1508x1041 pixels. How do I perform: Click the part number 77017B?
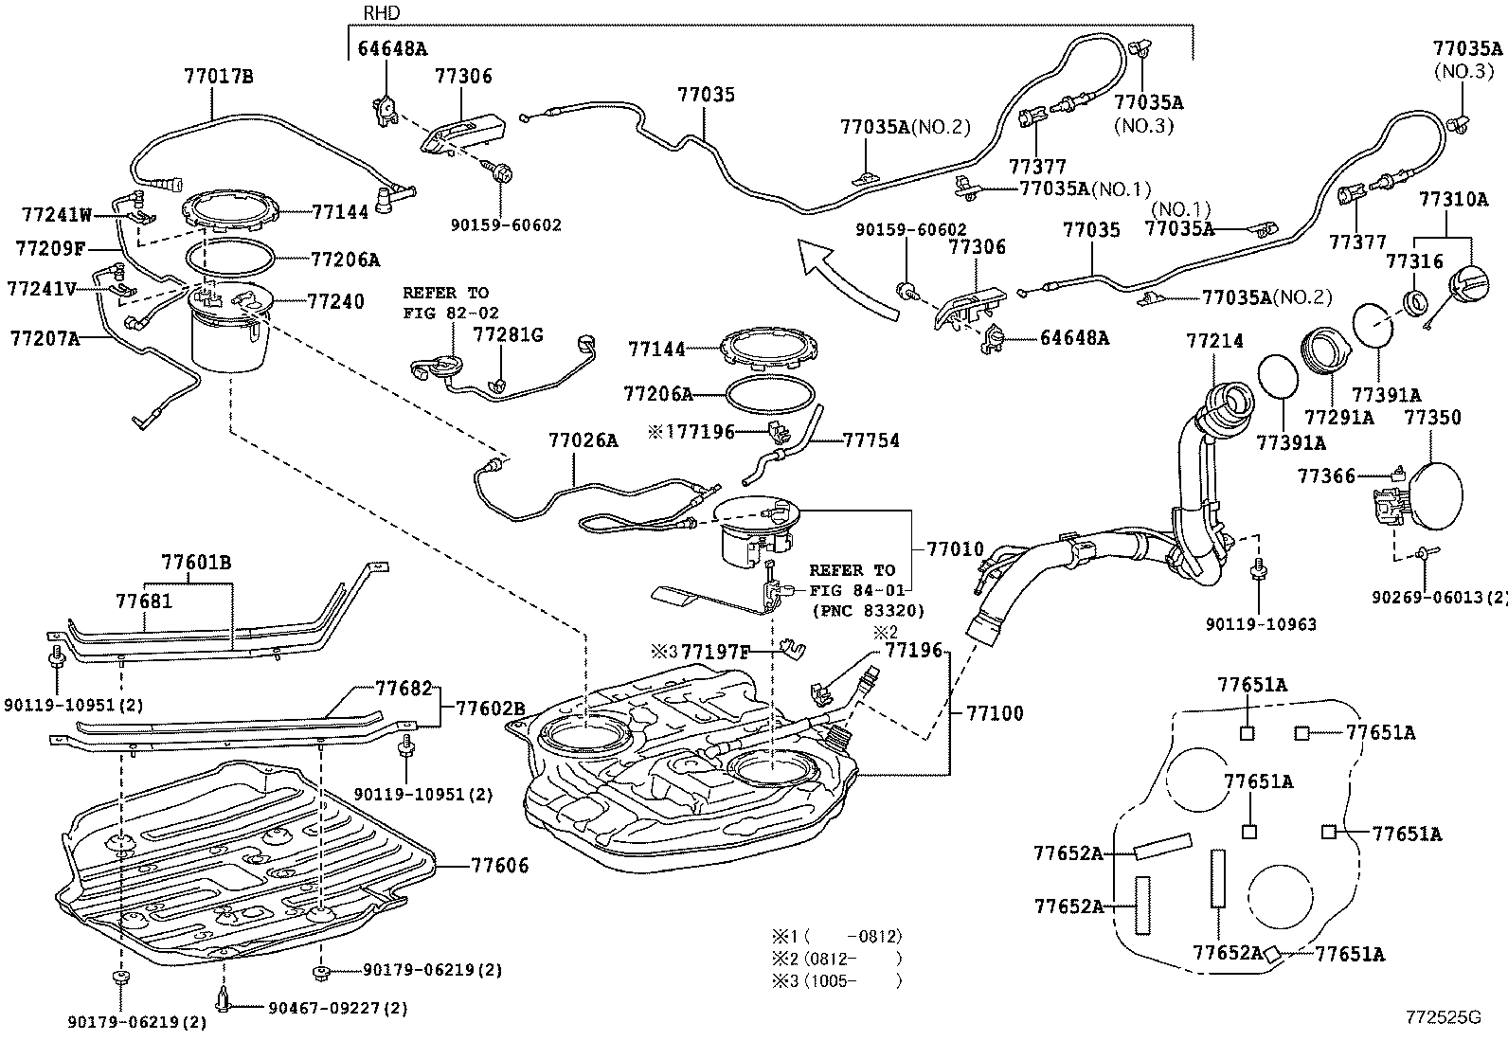click(218, 78)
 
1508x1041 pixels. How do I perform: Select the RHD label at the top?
click(382, 13)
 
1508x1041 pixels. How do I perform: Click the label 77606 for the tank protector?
click(499, 865)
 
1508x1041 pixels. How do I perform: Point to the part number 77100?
click(995, 713)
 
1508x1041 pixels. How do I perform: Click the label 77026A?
click(583, 440)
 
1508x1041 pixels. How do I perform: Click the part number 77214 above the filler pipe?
click(1213, 340)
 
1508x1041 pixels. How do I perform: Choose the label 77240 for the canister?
click(335, 301)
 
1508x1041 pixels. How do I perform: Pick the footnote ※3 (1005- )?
click(835, 980)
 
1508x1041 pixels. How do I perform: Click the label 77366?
click(1326, 476)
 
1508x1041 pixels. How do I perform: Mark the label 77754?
click(871, 440)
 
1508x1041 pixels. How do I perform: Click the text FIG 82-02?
click(451, 312)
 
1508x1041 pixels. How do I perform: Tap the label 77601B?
click(196, 563)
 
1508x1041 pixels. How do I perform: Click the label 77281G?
click(509, 333)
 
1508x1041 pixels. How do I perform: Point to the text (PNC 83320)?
click(868, 611)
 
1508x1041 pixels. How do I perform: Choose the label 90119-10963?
click(1261, 624)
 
